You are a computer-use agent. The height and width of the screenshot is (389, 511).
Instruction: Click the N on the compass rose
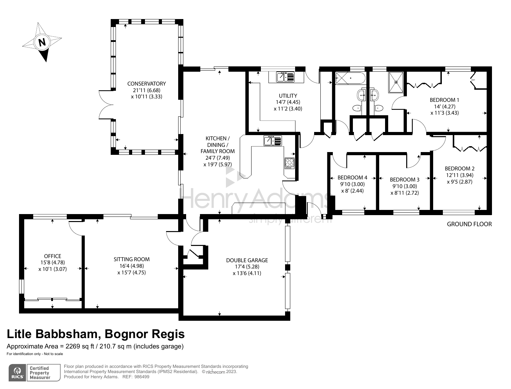pos(42,42)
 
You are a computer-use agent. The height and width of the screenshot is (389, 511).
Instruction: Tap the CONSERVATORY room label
pos(146,83)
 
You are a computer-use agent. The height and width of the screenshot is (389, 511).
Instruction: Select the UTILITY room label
pos(288,96)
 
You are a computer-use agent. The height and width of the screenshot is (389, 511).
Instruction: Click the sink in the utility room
pos(285,77)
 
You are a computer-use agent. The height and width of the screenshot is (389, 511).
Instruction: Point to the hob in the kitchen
pos(290,163)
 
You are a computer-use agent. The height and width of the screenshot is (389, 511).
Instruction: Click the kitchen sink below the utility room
pos(273,141)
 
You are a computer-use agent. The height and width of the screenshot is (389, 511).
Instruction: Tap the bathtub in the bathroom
pos(350,78)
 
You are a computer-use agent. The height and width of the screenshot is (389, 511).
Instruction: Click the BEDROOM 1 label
pos(445,100)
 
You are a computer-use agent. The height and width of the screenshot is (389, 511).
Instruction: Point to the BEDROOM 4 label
pos(353,178)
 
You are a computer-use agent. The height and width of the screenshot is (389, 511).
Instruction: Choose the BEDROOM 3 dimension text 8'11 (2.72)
pos(404,193)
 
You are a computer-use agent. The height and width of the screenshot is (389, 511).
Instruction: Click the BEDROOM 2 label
pos(459,168)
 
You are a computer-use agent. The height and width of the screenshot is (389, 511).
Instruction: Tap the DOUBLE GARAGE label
pos(247,260)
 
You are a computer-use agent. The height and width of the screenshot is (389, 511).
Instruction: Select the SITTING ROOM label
pos(131,259)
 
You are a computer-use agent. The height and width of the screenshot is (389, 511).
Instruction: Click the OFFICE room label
pos(53,256)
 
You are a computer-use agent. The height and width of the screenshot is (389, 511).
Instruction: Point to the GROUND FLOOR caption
pos(469,224)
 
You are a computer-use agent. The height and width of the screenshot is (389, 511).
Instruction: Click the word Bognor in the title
pos(126,334)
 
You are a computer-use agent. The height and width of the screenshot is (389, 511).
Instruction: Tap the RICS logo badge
pos(18,373)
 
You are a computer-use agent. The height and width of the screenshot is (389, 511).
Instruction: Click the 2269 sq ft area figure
pos(80,346)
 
